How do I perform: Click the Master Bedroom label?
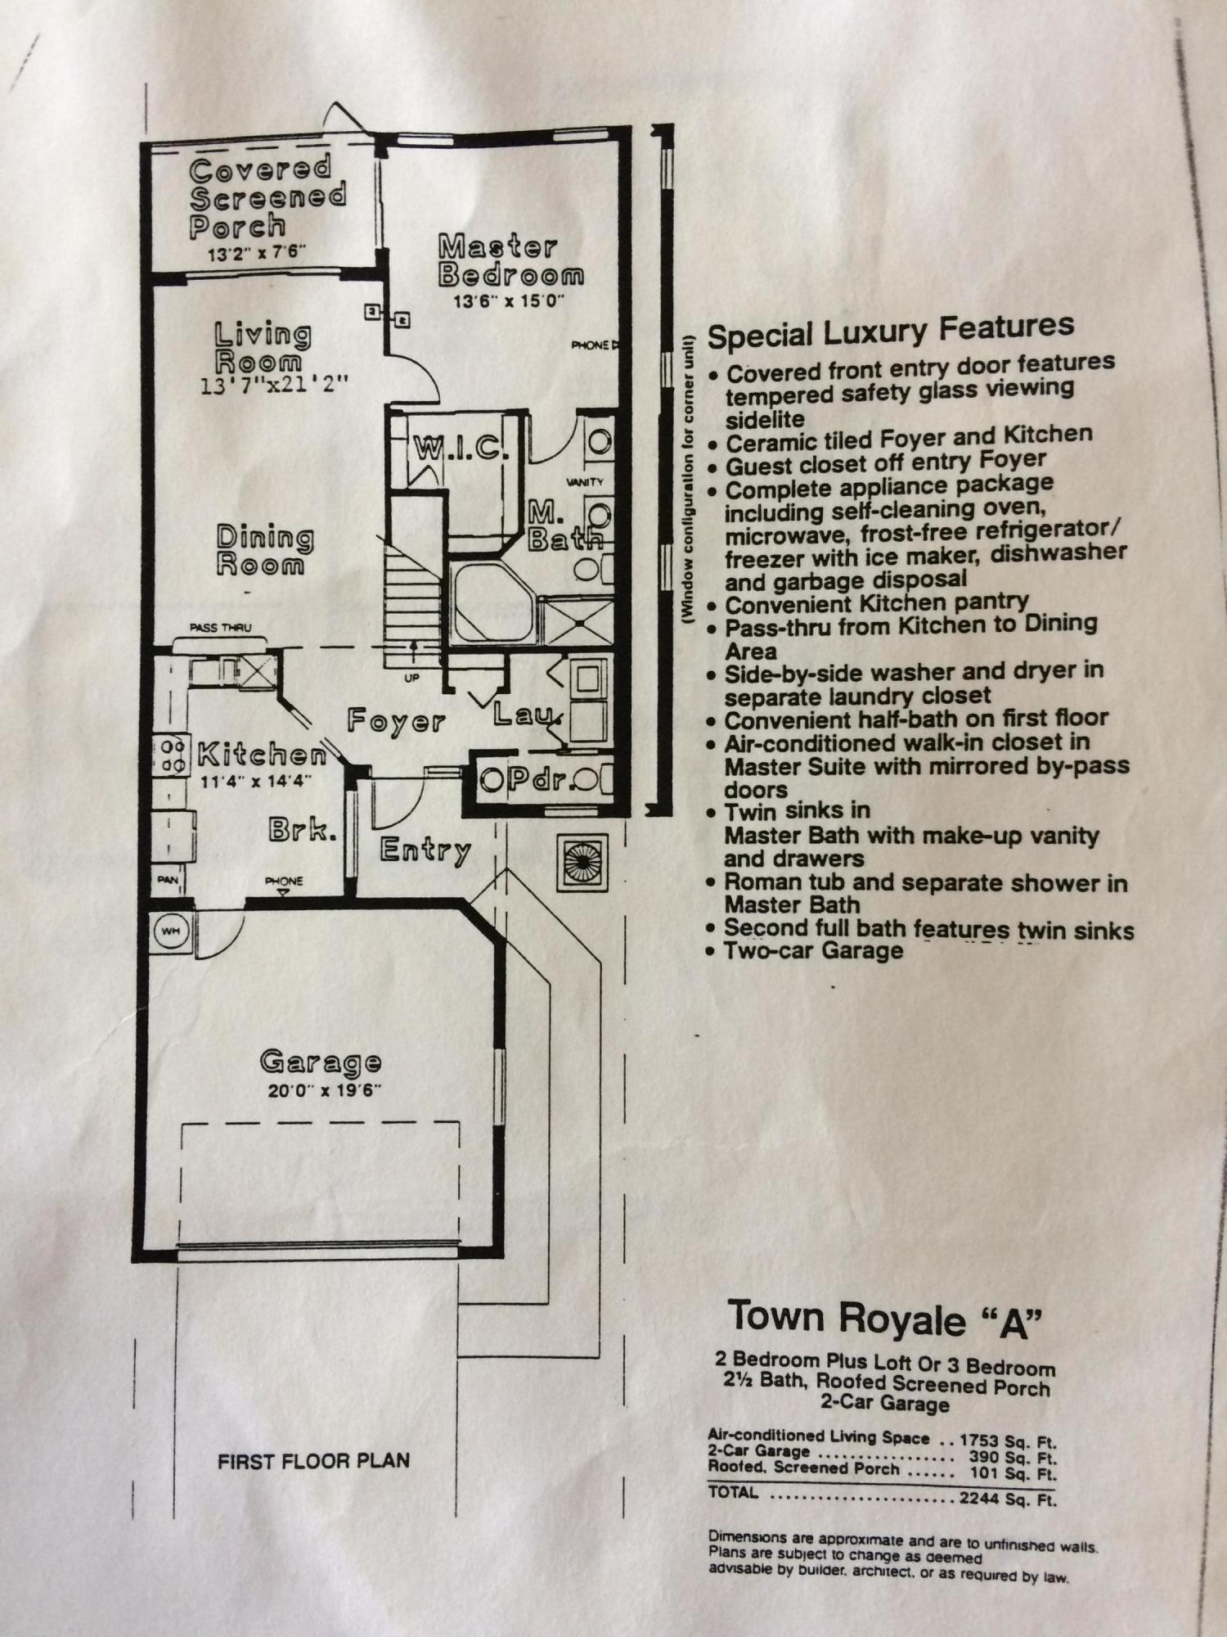511,260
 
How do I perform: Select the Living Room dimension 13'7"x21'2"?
275,383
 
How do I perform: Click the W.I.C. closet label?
461,448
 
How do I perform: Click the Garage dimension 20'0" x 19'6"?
325,1090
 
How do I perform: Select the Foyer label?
396,720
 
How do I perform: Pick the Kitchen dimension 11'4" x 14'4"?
256,781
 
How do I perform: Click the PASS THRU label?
220,628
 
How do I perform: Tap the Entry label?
425,850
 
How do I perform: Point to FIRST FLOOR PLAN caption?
313,1461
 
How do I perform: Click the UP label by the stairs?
411,679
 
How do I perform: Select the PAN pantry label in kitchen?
168,880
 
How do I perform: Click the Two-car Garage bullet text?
813,951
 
